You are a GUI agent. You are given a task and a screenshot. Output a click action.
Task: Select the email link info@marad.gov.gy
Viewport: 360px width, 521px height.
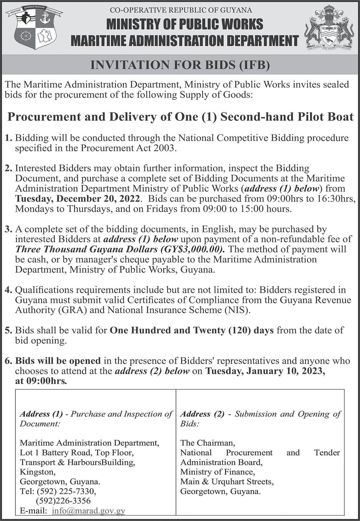[x=88, y=511]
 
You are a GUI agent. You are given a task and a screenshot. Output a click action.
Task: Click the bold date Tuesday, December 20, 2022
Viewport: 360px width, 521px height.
[x=78, y=198]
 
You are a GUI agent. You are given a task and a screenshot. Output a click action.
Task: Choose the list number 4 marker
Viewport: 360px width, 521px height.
[x=8, y=289]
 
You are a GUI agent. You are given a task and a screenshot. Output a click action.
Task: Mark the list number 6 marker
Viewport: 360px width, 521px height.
[x=8, y=361]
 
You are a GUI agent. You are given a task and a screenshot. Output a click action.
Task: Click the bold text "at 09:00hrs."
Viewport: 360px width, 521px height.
[x=41, y=381]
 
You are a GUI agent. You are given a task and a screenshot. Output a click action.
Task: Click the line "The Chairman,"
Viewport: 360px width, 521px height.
[x=207, y=443]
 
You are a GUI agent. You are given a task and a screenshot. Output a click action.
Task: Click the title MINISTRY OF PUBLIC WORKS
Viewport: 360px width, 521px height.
[x=185, y=24]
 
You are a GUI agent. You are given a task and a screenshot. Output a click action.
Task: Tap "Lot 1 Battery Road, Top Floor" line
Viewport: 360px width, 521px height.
[x=76, y=452]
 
